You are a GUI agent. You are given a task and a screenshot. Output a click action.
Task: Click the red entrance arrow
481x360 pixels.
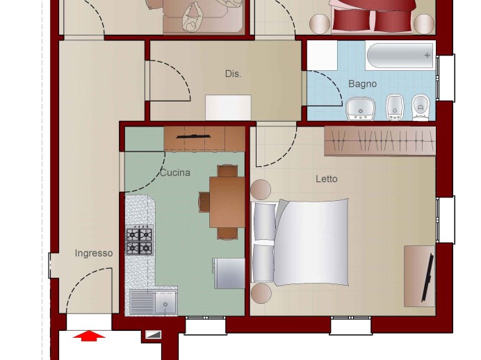[x=89, y=336]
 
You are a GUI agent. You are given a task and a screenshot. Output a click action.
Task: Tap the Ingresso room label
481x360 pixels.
[x=94, y=254]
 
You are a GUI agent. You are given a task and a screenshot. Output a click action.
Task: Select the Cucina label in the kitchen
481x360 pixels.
[x=175, y=172]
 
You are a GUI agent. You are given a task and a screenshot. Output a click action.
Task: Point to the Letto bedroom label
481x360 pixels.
[x=327, y=179]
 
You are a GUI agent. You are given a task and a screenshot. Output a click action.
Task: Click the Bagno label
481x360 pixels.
[x=362, y=83]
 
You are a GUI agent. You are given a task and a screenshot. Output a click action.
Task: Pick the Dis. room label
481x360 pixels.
[x=233, y=74]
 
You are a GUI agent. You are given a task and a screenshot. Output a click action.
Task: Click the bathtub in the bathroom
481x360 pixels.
[x=400, y=56]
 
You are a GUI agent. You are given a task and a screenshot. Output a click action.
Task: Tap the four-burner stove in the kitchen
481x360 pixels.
[x=139, y=240]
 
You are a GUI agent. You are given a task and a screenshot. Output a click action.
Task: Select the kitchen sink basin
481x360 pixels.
[x=165, y=302]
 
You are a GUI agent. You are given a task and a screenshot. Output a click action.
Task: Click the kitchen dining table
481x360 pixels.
[x=227, y=202]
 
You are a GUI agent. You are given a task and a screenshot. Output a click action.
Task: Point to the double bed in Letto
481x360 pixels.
[x=300, y=243]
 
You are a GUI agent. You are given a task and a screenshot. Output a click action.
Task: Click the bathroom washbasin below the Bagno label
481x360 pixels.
[x=361, y=109]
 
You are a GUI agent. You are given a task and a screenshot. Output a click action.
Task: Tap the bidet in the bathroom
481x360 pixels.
[x=395, y=107]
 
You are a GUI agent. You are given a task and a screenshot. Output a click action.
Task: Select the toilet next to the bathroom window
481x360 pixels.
[x=421, y=107]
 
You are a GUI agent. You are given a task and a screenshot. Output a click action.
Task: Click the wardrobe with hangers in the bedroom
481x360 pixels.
[x=380, y=141]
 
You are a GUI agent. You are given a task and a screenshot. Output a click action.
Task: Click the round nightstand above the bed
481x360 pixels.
[x=261, y=190]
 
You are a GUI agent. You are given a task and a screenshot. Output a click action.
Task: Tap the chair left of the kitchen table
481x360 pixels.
[x=204, y=202]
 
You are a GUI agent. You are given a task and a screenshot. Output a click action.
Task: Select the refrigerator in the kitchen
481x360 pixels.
[x=229, y=273]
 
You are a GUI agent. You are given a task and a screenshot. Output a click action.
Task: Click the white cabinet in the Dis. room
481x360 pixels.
[x=228, y=108]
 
